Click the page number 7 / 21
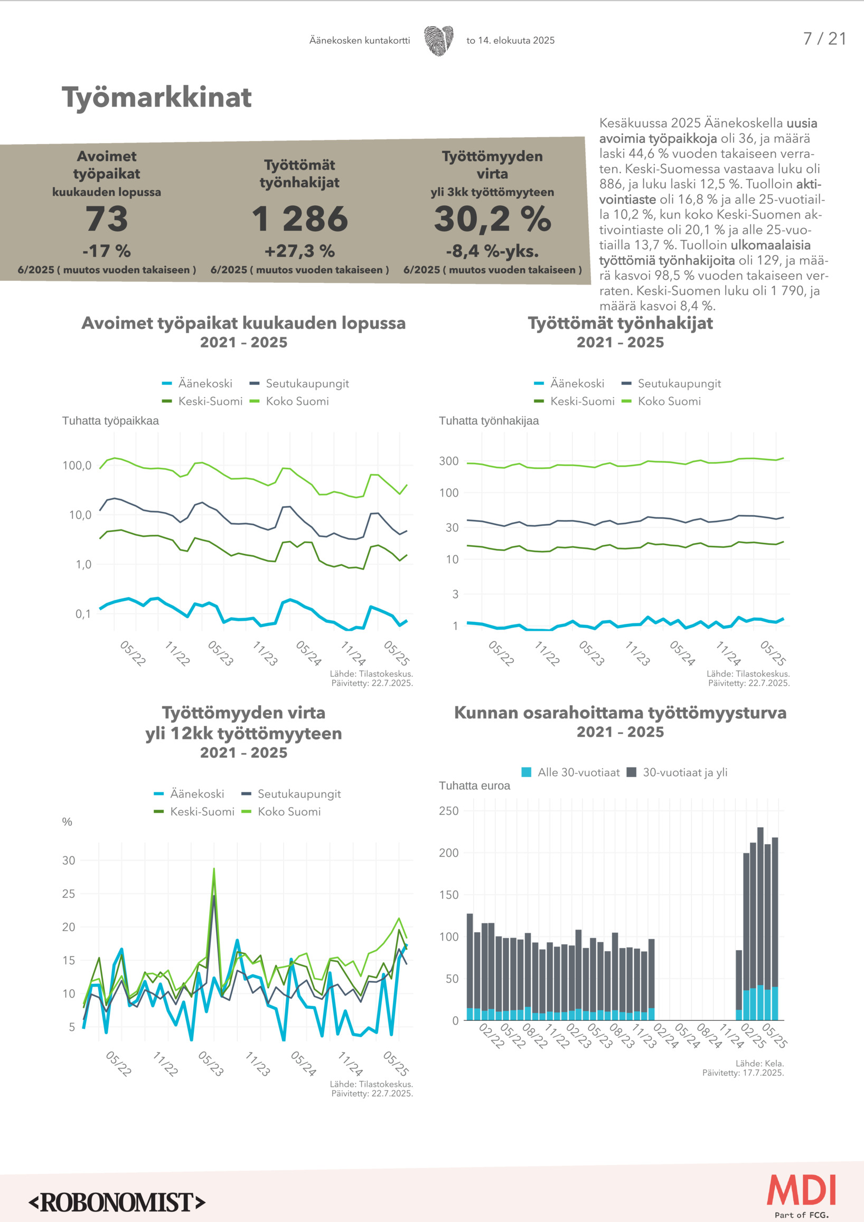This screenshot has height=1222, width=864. [x=824, y=39]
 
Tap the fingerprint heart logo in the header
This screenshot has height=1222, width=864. [x=439, y=41]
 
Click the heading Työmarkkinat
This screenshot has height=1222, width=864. [x=156, y=98]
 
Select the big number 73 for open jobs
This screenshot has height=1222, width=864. [x=107, y=219]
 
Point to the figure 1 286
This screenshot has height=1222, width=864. [x=300, y=219]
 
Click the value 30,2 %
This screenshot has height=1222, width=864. [x=492, y=219]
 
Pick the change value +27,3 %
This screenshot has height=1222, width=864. [x=300, y=251]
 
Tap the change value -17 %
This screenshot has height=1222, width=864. [x=107, y=251]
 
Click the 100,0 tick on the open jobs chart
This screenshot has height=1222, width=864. [x=77, y=466]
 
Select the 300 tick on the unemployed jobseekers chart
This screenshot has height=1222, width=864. [x=449, y=461]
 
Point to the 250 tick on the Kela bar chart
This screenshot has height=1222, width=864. [x=449, y=811]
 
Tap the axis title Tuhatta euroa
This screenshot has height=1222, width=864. [x=474, y=785]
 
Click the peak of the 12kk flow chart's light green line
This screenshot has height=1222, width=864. [x=214, y=869]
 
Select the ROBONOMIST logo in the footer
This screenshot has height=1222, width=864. [x=117, y=1202]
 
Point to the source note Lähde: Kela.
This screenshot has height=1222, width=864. [x=759, y=1063]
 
